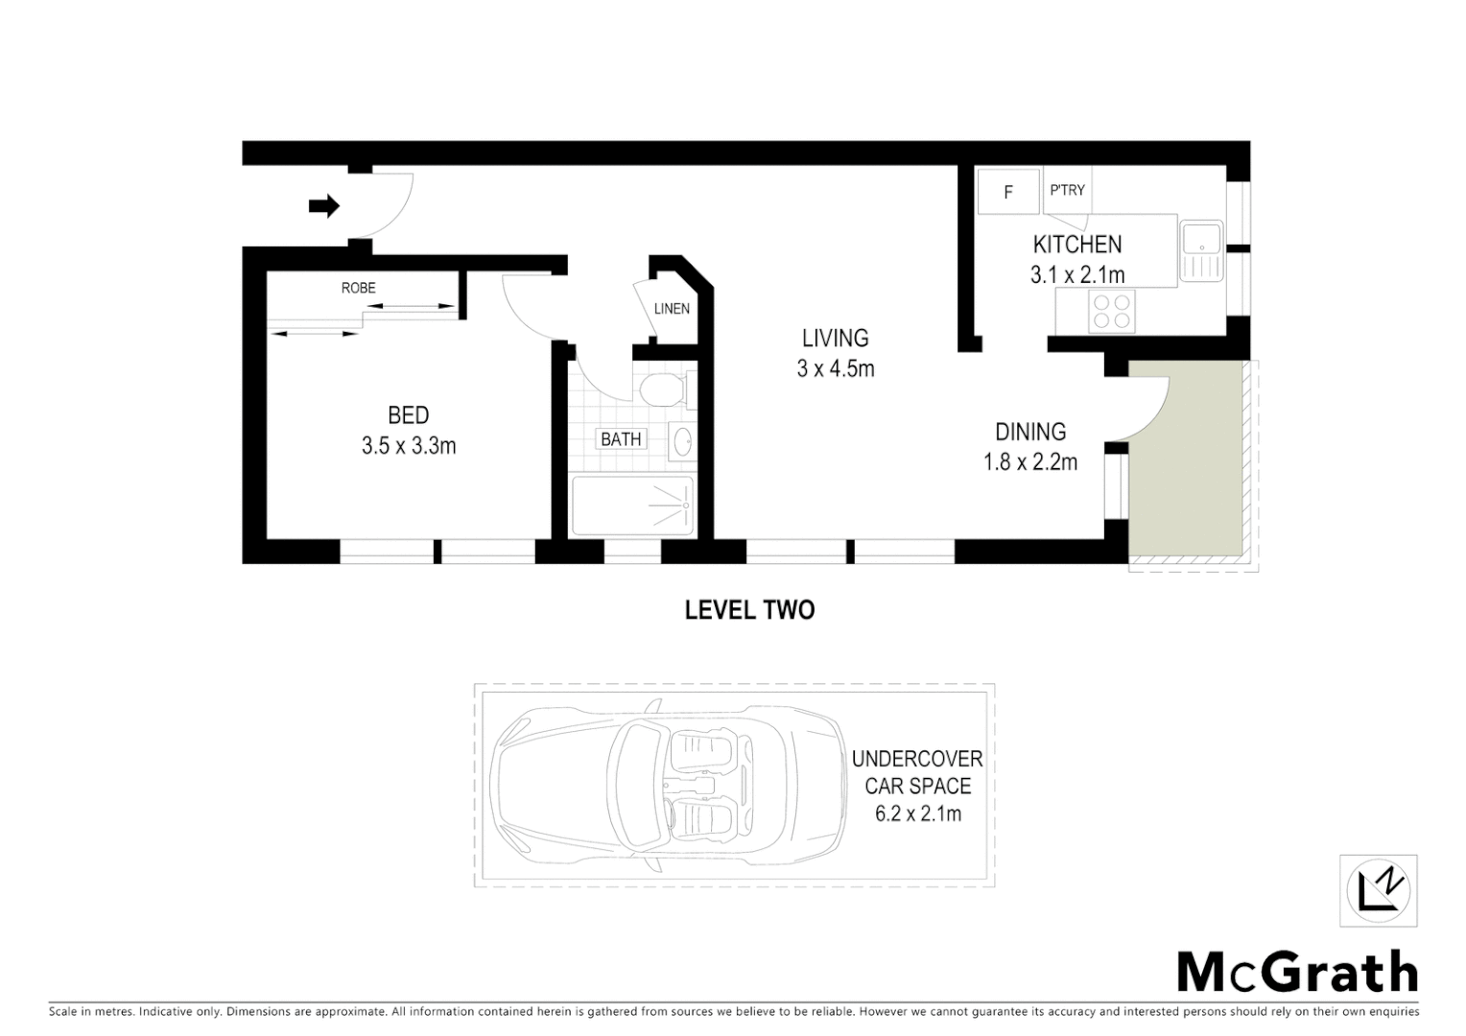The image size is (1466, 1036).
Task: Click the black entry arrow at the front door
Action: tap(324, 205)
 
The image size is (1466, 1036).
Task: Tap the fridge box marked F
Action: tap(1008, 192)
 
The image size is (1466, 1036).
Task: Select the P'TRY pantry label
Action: tap(1067, 190)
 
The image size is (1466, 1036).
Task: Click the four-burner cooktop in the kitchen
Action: tap(1112, 311)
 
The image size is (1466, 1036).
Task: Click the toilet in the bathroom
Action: tap(660, 390)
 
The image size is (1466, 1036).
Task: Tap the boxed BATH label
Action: tap(621, 439)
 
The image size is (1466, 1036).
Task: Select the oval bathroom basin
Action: tap(683, 441)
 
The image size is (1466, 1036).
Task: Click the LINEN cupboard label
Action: tap(672, 309)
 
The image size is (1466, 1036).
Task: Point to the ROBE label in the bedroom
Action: tap(358, 288)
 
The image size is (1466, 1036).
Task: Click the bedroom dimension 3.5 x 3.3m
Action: tap(409, 446)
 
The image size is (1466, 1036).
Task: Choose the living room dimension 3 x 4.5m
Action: tap(836, 368)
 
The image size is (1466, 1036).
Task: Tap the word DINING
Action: tap(1030, 432)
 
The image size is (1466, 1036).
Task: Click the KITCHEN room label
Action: tap(1077, 244)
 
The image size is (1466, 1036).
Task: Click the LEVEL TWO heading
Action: tap(749, 610)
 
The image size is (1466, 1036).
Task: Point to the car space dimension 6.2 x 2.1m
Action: tap(918, 814)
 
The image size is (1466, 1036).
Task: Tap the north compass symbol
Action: tap(1379, 891)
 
